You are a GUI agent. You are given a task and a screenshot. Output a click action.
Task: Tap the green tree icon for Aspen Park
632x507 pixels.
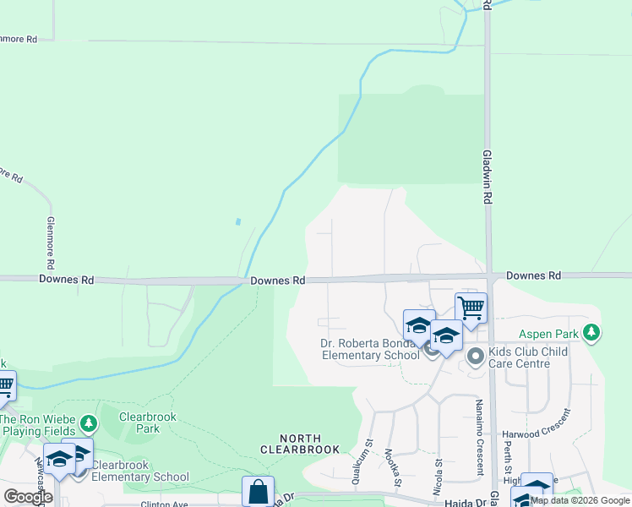click(x=593, y=333)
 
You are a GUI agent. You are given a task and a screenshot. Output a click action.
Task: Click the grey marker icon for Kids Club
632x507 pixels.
click(x=475, y=357)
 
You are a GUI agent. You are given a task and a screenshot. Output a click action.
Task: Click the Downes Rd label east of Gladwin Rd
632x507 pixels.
click(x=534, y=275)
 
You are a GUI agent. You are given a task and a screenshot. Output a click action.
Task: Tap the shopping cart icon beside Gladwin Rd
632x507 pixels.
click(x=471, y=308)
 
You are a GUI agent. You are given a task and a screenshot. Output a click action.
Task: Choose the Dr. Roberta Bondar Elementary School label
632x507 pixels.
click(x=370, y=349)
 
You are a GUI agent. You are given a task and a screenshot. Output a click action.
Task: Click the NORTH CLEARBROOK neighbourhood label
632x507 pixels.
click(x=301, y=444)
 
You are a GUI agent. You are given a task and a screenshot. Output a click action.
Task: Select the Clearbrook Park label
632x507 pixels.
click(x=139, y=422)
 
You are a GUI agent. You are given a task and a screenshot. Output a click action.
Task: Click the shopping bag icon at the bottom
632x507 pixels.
click(x=258, y=492)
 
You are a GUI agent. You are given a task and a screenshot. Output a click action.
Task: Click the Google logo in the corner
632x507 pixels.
click(x=28, y=497)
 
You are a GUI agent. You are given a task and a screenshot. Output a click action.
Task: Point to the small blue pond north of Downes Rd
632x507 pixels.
click(x=238, y=221)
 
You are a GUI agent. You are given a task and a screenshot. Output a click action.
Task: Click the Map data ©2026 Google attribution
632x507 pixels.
click(x=580, y=500)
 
